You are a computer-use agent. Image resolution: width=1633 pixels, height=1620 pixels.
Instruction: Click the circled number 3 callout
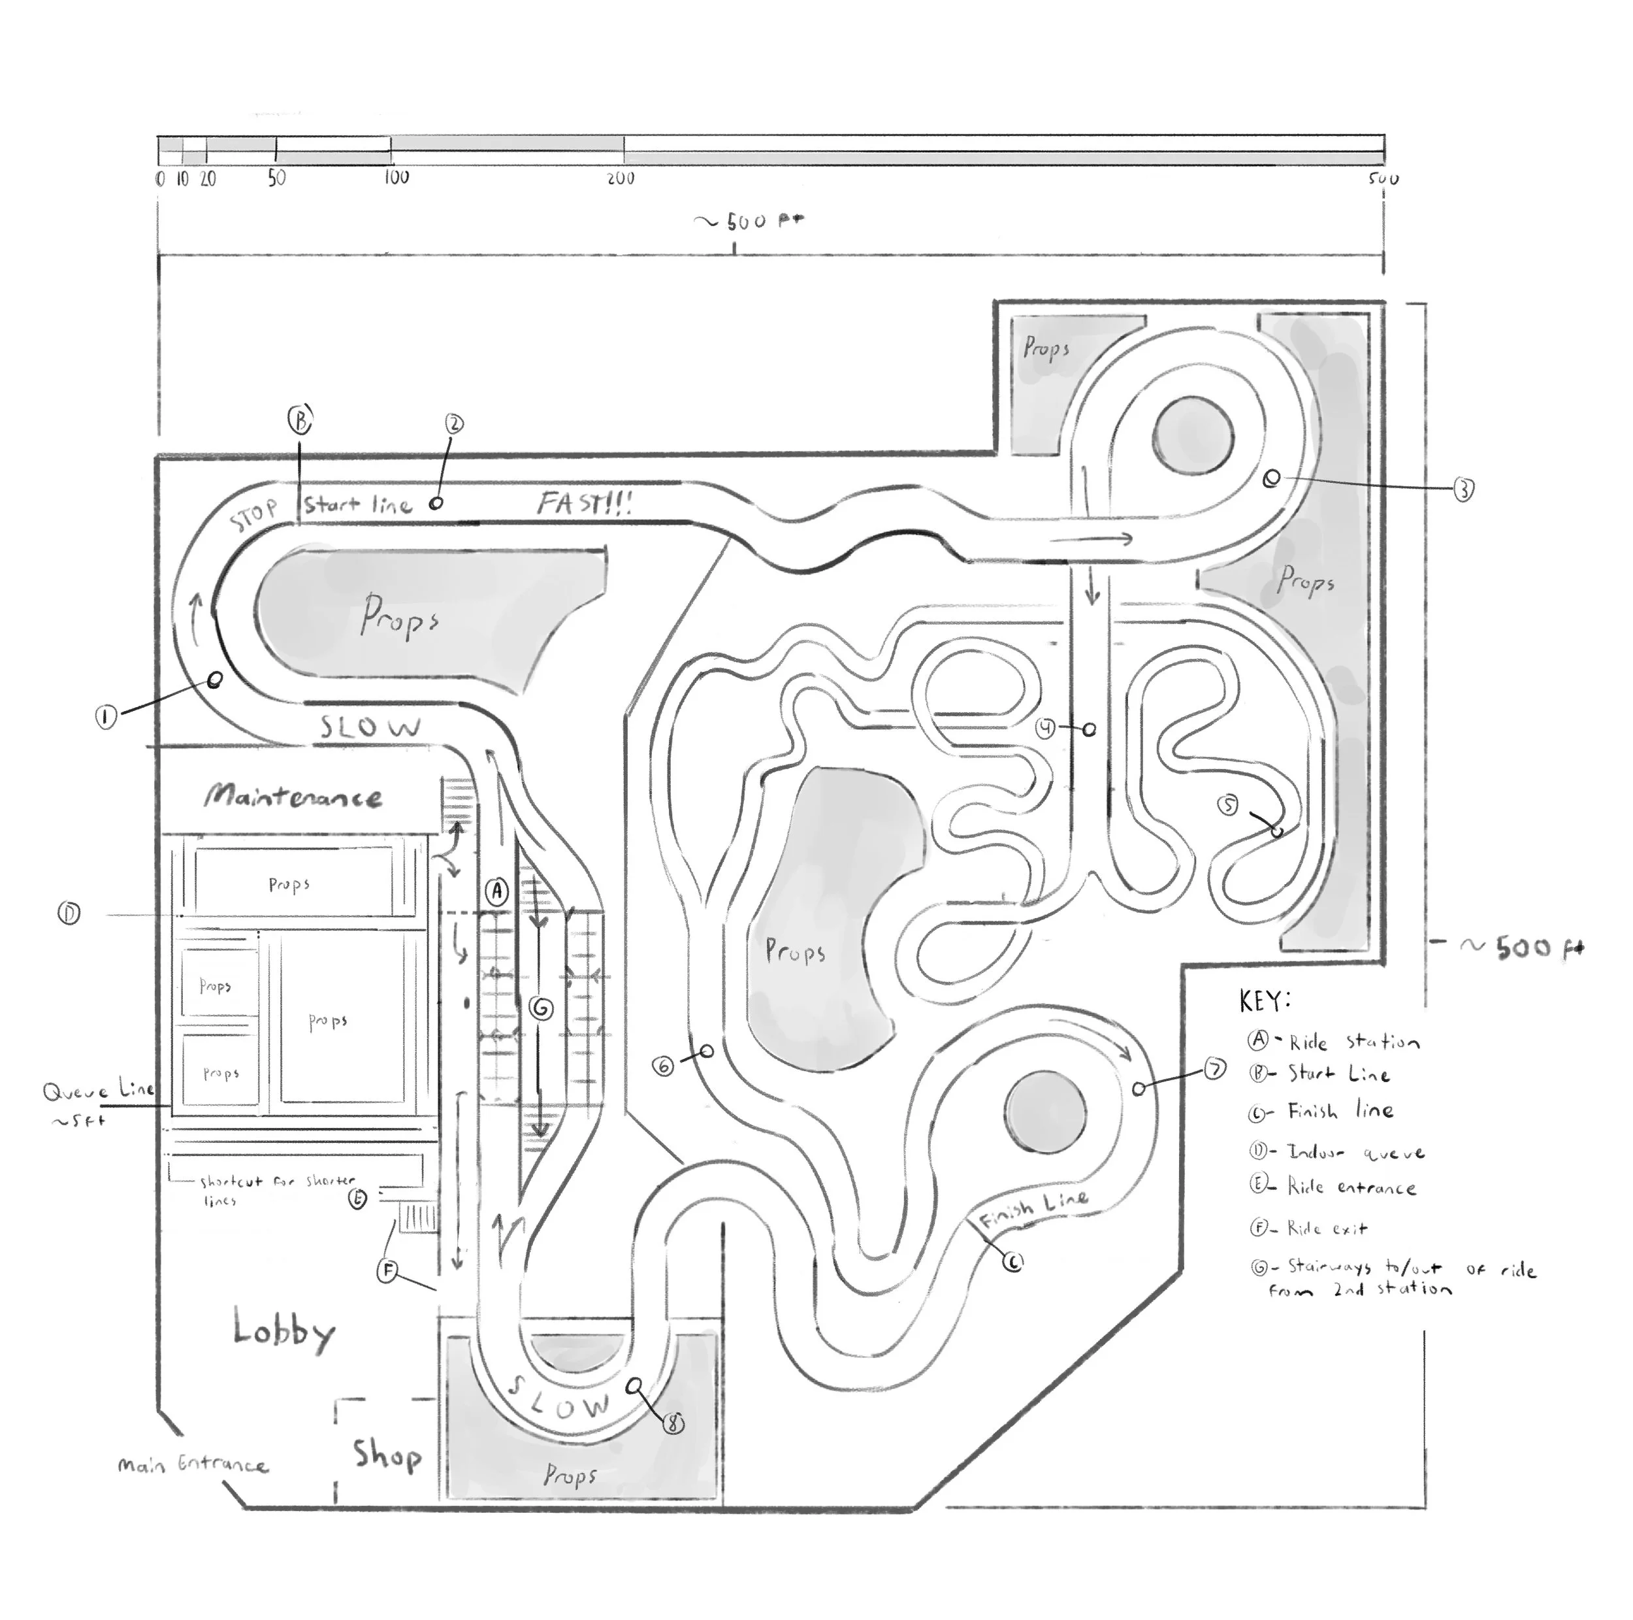click(1463, 489)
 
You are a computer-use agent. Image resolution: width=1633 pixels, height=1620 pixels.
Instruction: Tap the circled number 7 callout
click(1214, 1070)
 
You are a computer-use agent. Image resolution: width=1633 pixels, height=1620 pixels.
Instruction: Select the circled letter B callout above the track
click(299, 418)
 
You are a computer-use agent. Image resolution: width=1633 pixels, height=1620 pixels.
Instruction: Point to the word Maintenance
click(293, 797)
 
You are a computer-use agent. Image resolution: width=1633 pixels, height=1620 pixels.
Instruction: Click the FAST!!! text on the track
click(585, 503)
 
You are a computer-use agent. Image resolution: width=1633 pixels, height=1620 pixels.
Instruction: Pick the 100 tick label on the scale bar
click(396, 178)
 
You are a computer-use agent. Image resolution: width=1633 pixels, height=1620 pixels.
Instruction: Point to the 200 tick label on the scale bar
click(621, 178)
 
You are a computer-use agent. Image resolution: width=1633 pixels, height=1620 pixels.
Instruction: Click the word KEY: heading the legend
click(1265, 1001)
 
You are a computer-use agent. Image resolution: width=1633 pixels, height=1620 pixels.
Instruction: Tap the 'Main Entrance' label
click(193, 1464)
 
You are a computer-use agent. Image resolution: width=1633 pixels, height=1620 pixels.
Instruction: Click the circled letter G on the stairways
click(541, 1007)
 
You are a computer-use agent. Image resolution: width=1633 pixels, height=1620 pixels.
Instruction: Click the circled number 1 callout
click(106, 718)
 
